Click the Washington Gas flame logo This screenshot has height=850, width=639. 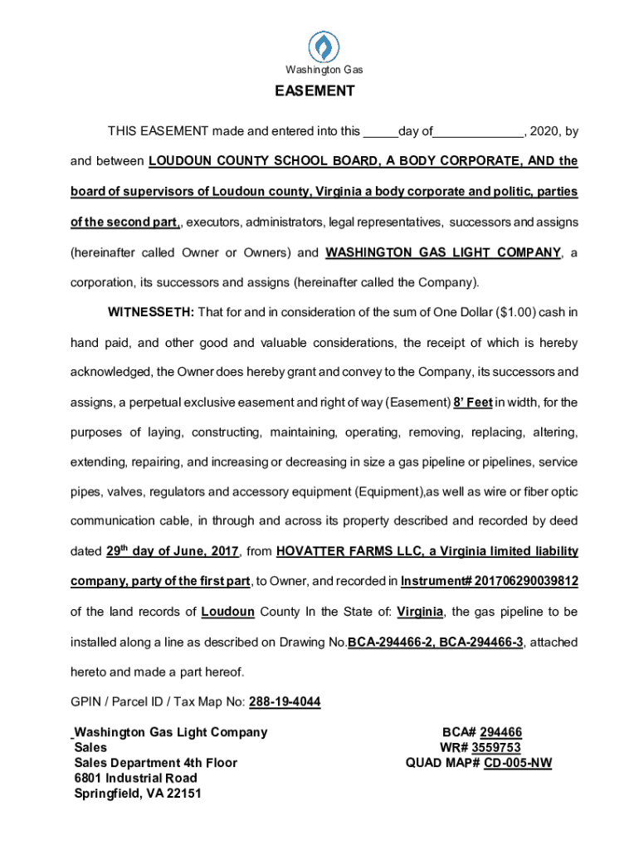(324, 46)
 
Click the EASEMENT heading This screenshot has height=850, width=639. (315, 91)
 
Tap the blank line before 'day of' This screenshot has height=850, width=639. (380, 132)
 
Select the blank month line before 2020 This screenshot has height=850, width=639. (478, 132)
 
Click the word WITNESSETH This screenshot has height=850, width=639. (151, 312)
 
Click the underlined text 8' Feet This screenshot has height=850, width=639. (473, 403)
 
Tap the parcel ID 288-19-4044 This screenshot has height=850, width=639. (285, 702)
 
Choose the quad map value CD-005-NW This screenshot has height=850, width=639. (518, 763)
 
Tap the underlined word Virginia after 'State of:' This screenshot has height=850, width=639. (419, 612)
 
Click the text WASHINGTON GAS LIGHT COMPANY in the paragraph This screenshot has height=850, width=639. (443, 252)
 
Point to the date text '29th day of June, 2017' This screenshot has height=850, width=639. (173, 551)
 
